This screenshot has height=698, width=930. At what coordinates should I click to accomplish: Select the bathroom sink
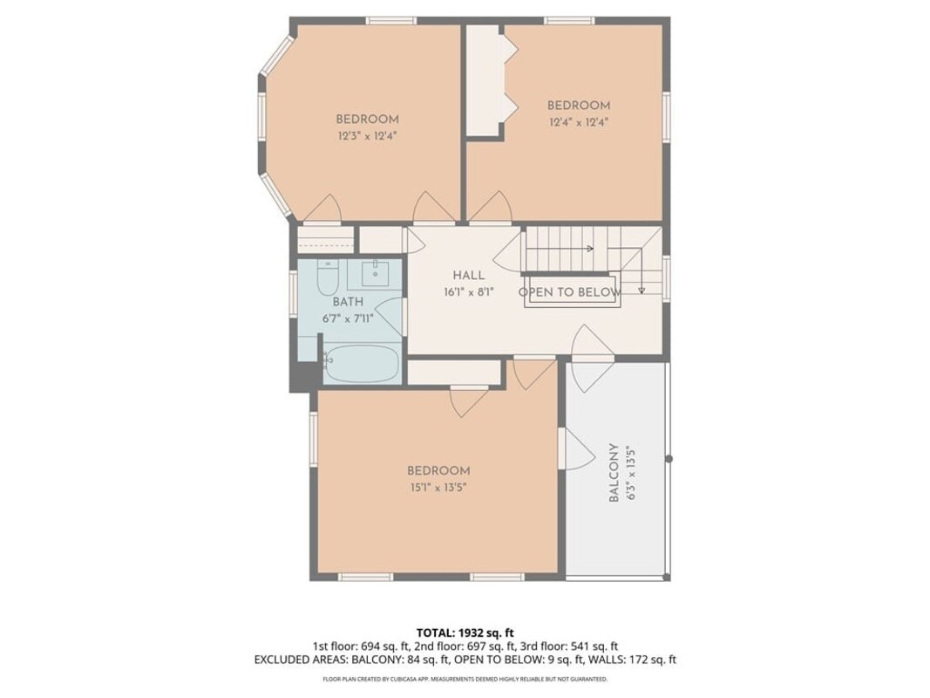375,273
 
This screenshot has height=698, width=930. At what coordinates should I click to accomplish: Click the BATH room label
348,302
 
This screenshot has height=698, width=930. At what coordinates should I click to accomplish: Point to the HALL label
469,276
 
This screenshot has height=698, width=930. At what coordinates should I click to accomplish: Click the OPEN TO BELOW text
570,292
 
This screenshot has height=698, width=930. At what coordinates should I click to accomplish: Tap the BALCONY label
614,472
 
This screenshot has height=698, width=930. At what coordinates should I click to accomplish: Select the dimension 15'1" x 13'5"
439,488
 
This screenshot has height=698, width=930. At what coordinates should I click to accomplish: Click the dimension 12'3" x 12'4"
367,136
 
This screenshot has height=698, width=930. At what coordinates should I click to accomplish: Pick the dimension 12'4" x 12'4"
579,123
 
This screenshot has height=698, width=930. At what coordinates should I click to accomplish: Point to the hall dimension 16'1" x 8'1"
469,292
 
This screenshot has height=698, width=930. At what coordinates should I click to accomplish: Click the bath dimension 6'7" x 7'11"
348,318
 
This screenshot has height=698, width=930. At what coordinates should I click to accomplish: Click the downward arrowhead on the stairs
641,291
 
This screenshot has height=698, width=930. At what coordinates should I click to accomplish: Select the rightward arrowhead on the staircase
590,249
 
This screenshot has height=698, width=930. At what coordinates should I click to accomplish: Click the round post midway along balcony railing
669,459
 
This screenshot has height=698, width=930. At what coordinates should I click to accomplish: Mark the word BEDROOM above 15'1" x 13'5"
439,470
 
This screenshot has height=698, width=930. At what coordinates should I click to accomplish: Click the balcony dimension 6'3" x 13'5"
630,472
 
